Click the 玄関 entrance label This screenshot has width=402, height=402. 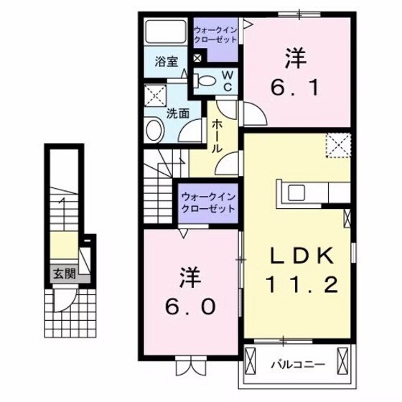(62, 273)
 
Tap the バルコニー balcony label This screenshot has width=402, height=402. (298, 365)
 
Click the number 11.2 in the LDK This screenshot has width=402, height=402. (301, 286)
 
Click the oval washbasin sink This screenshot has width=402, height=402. (154, 131)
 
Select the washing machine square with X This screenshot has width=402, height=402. (154, 95)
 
